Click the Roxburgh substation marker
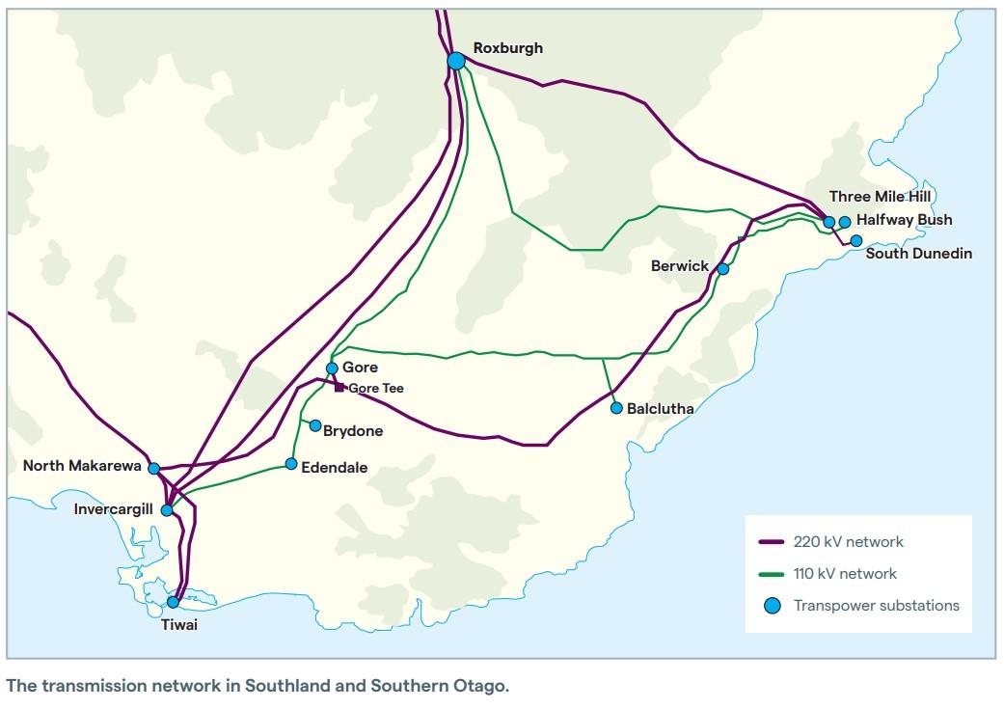click(x=456, y=61)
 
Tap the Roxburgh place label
click(x=507, y=47)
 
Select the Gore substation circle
click(x=332, y=368)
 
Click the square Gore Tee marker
click(x=339, y=388)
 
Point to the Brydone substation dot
click(x=315, y=425)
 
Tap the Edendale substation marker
click(x=291, y=464)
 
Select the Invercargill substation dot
click(x=167, y=509)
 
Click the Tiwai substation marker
click(x=174, y=602)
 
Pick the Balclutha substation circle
click(x=616, y=408)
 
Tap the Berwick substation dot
click(x=723, y=269)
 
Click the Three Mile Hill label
click(x=882, y=197)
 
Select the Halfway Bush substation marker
click(x=845, y=222)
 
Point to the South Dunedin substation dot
click(x=856, y=240)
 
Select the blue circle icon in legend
click(x=772, y=606)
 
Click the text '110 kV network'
click(x=845, y=574)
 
